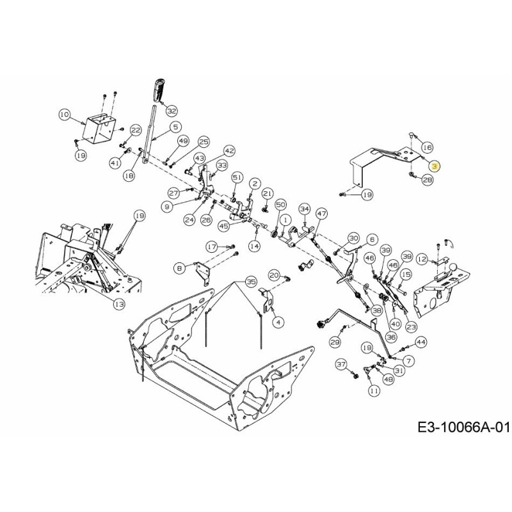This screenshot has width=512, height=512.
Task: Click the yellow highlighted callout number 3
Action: (x=435, y=166)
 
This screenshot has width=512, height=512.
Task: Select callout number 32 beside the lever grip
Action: (x=170, y=111)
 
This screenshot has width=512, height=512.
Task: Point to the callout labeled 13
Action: (x=119, y=305)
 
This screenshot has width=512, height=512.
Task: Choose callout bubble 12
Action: (x=421, y=259)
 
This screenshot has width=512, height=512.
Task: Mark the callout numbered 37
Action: (x=340, y=364)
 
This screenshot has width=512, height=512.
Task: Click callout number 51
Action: (x=237, y=177)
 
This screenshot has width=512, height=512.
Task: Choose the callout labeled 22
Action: (x=135, y=130)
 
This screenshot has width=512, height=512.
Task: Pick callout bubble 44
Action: (x=420, y=342)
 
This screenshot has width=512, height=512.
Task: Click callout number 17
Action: (x=211, y=246)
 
